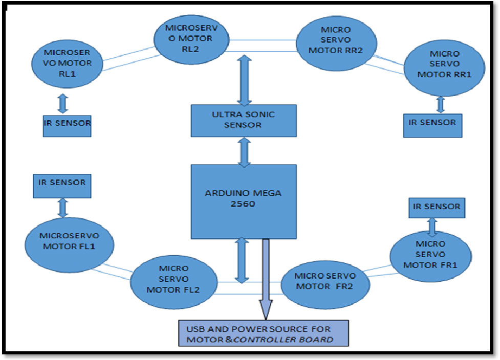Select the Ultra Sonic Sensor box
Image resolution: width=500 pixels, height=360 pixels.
point(244,121)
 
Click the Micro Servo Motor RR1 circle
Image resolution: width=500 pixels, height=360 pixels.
point(444,64)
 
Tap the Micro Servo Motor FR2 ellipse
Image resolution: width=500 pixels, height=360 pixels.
point(325,282)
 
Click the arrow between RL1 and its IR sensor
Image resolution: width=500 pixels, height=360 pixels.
point(63,104)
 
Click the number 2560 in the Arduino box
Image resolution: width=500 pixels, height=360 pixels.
point(243,205)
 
